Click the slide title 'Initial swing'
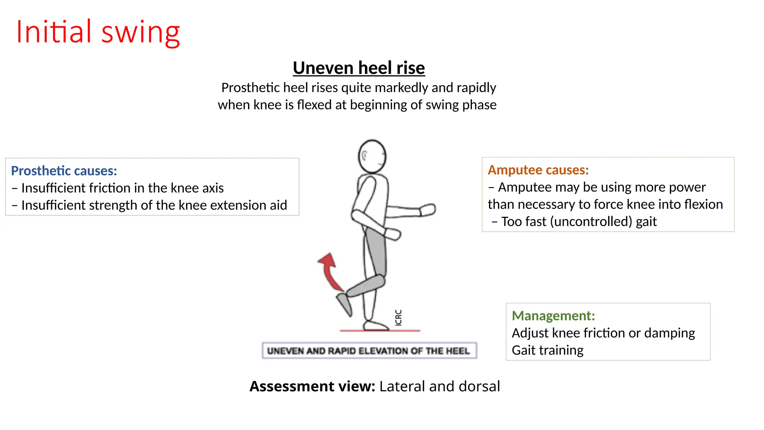pos(98,32)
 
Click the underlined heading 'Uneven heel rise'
pos(358,68)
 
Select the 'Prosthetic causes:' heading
pos(64,171)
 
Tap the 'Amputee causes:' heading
pos(538,170)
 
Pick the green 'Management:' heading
pos(553,316)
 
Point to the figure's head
pos(372,156)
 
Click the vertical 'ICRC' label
pos(398,317)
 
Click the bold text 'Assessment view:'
pos(312,386)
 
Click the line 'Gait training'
pos(547,350)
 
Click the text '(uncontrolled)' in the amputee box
pos(591,222)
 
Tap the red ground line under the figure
pos(380,330)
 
